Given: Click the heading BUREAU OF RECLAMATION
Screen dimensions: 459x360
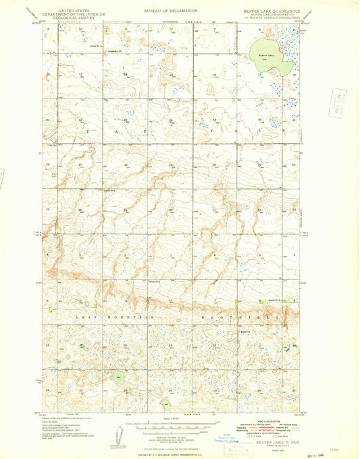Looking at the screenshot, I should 170,11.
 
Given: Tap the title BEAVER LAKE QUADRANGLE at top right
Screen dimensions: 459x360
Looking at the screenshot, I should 273,11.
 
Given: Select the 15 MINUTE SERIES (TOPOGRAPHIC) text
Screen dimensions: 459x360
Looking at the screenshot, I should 273,19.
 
